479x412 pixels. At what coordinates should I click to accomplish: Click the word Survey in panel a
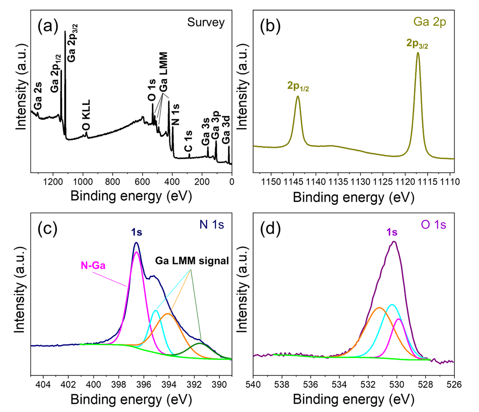206,23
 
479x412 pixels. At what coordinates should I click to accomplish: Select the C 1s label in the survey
188,141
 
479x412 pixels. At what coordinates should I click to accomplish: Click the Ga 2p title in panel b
430,22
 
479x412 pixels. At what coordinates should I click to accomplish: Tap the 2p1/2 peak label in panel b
298,86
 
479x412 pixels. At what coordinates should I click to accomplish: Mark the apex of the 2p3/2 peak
418,53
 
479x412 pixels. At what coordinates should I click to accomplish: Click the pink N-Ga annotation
93,266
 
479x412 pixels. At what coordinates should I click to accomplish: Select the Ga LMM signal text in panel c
192,261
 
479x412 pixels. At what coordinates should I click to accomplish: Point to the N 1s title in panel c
211,225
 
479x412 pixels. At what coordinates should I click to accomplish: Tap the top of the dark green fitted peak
200,343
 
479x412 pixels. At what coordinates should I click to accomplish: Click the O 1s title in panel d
433,225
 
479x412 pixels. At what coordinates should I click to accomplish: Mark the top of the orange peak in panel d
379,308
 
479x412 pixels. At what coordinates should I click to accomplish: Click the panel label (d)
270,229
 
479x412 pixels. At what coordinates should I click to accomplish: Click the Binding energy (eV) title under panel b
353,197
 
